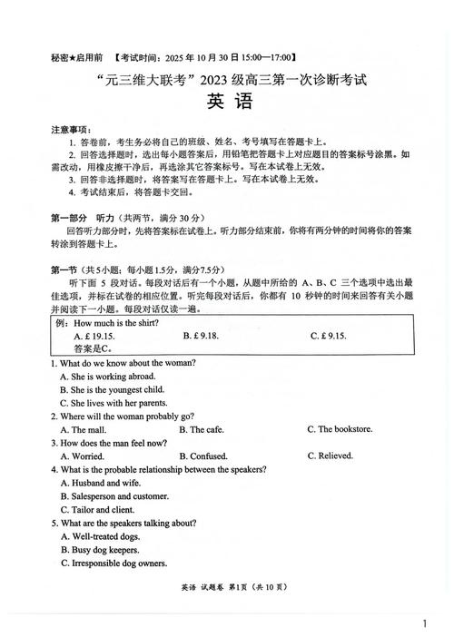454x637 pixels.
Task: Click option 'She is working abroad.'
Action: (x=107, y=376)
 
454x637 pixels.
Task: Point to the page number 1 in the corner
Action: (x=425, y=623)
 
